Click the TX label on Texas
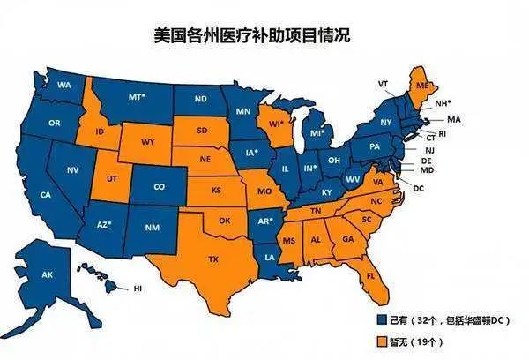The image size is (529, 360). click(213, 259)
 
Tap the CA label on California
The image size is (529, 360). click(45, 194)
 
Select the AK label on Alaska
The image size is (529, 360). click(48, 274)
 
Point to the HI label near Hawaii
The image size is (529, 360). click(138, 289)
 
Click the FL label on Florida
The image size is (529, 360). click(370, 275)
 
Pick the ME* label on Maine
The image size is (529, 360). click(422, 86)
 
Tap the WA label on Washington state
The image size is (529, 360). click(63, 85)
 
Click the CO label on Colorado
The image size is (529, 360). click(159, 187)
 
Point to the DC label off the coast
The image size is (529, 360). click(418, 189)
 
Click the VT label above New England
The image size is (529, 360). click(384, 83)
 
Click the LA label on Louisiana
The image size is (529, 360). click(270, 257)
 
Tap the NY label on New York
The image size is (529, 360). click(385, 121)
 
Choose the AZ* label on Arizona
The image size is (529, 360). click(104, 224)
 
